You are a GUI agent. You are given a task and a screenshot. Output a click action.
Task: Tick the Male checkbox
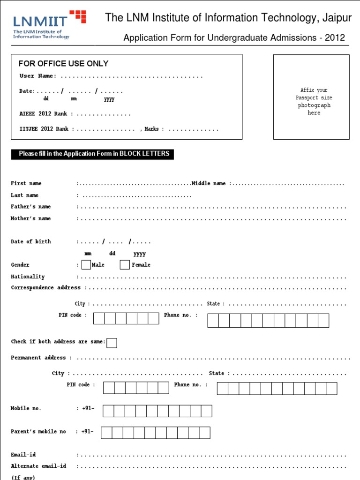click(x=86, y=265)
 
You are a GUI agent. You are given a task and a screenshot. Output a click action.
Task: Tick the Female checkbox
click(x=125, y=265)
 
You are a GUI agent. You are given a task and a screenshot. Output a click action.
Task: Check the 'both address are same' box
click(x=112, y=343)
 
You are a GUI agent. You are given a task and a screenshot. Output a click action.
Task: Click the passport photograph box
click(x=311, y=97)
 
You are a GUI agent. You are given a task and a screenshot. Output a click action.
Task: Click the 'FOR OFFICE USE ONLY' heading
click(x=63, y=64)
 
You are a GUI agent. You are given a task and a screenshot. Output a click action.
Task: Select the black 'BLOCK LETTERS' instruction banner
click(x=92, y=154)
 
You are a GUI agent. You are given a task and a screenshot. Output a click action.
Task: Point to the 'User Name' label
click(x=37, y=76)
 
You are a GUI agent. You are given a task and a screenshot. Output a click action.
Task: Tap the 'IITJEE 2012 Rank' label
click(x=44, y=129)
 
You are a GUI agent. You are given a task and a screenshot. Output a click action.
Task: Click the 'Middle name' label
click(x=209, y=184)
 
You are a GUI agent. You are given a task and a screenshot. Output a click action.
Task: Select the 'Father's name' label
click(x=31, y=207)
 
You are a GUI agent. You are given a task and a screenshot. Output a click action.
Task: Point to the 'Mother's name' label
click(x=31, y=218)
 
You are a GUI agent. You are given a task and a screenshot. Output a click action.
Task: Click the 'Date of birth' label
click(x=31, y=242)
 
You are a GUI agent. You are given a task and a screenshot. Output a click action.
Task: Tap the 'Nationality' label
click(x=28, y=277)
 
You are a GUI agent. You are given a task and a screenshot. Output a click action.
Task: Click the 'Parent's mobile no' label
click(x=38, y=431)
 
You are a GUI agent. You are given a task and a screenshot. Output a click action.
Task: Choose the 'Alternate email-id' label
click(x=38, y=466)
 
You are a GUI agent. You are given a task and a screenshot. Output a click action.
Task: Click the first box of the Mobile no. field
click(x=108, y=411)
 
